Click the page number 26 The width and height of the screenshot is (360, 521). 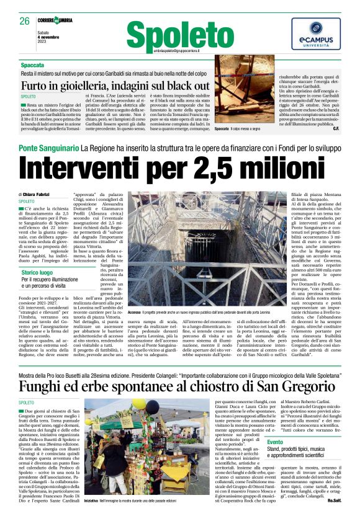[25, 21]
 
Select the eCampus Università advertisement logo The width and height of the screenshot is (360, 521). [316, 34]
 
